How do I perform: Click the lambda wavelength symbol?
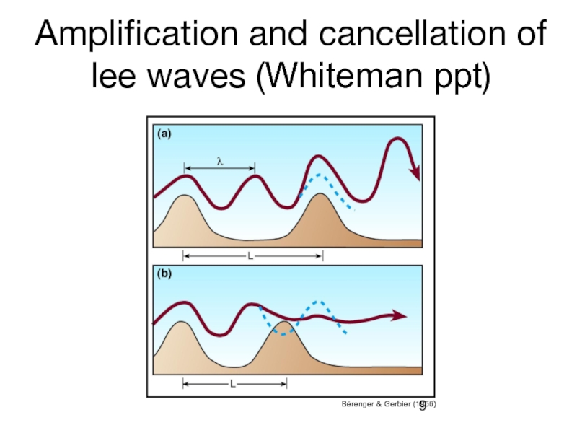[220, 162]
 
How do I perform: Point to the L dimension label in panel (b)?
[232, 384]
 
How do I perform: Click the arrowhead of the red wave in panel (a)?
[414, 172]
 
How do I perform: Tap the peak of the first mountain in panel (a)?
[185, 197]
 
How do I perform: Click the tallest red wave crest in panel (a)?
[396, 139]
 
